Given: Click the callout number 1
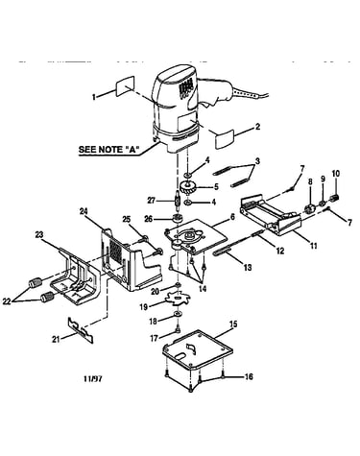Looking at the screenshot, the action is click(94, 96).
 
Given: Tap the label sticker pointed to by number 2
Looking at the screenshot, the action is click(225, 138).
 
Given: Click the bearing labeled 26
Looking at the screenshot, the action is click(177, 219).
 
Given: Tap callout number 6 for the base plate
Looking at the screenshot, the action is click(232, 217).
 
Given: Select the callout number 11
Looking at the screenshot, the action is click(313, 246).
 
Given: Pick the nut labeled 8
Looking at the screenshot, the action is click(309, 209).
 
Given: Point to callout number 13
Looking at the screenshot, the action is click(248, 267).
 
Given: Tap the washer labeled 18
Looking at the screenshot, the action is click(177, 313).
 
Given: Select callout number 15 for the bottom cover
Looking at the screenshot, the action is click(233, 324).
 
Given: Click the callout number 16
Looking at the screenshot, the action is click(249, 376).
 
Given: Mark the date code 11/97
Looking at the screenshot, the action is click(93, 379).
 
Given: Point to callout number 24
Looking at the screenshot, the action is click(84, 211).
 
